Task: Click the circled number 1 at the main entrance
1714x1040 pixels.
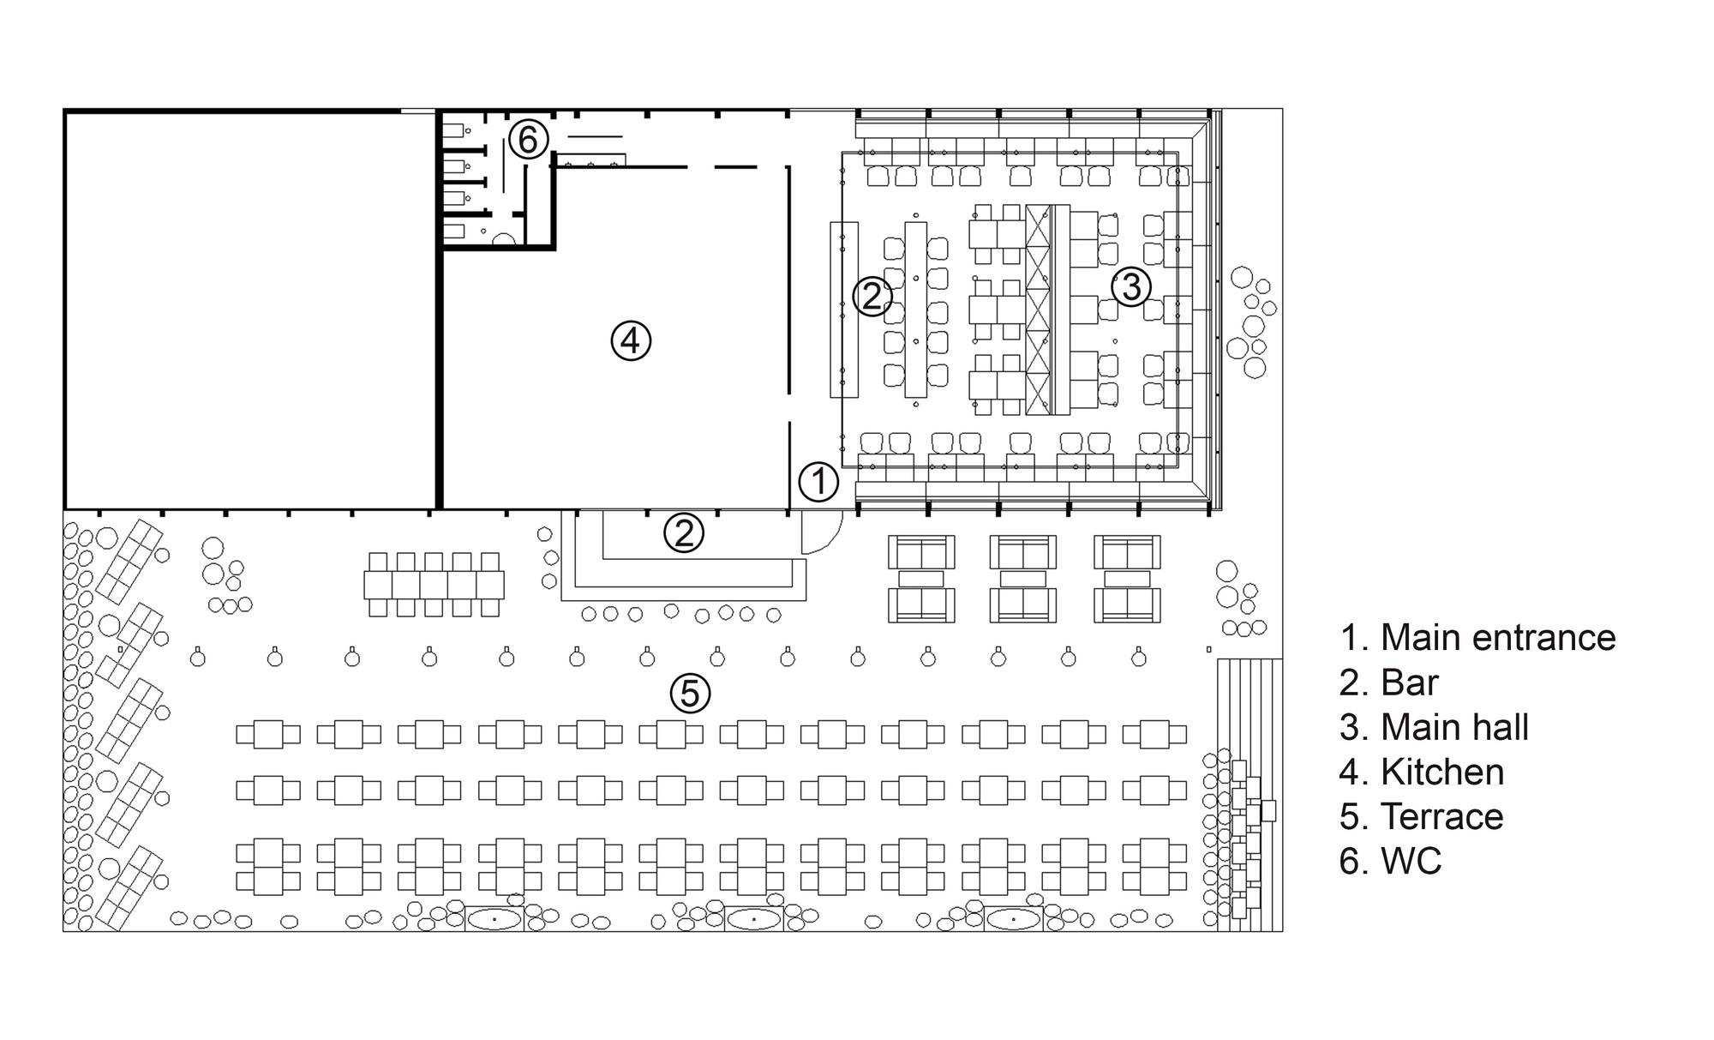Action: coord(818,482)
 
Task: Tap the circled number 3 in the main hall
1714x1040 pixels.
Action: coord(1131,286)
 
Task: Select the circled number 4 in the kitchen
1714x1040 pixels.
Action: coord(631,341)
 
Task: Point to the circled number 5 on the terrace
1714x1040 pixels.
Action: coord(691,693)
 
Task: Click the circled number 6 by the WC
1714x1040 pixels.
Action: coord(528,139)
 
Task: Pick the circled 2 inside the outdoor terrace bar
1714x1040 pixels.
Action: coord(684,533)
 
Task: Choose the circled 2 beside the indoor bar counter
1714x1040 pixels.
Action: coord(872,296)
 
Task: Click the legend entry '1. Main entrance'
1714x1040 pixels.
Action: coord(1477,638)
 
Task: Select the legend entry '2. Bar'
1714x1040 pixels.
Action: coord(1388,682)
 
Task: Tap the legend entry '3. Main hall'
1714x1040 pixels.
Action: coord(1434,727)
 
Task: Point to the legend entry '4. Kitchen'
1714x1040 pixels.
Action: coord(1422,772)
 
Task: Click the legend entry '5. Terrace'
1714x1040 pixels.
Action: coord(1421,816)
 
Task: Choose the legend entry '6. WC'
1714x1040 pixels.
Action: coord(1390,861)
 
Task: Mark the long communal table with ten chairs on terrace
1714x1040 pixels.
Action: coord(434,585)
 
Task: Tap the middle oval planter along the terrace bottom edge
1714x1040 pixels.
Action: coord(753,919)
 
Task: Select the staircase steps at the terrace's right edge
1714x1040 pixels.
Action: coord(1250,795)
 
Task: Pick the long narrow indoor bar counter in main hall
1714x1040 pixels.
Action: coord(844,310)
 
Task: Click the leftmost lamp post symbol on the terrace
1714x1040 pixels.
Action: coord(198,657)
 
